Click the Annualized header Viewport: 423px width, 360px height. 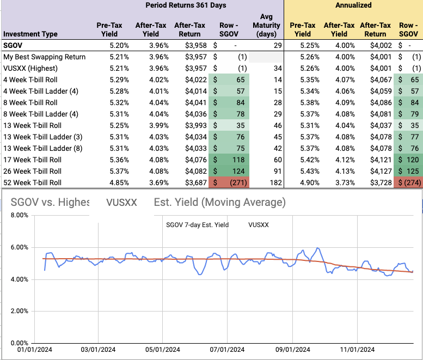point(353,5)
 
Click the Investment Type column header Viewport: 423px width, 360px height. point(30,34)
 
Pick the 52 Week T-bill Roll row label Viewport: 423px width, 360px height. point(33,182)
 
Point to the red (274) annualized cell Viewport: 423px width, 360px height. point(407,182)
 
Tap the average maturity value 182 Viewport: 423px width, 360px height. point(275,182)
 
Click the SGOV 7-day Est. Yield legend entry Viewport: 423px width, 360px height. point(197,224)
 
